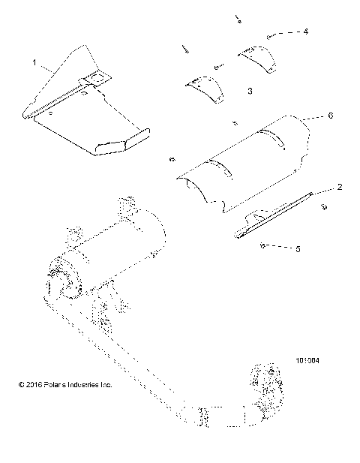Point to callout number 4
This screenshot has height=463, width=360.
(305, 32)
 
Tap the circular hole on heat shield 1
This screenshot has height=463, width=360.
(95, 76)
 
